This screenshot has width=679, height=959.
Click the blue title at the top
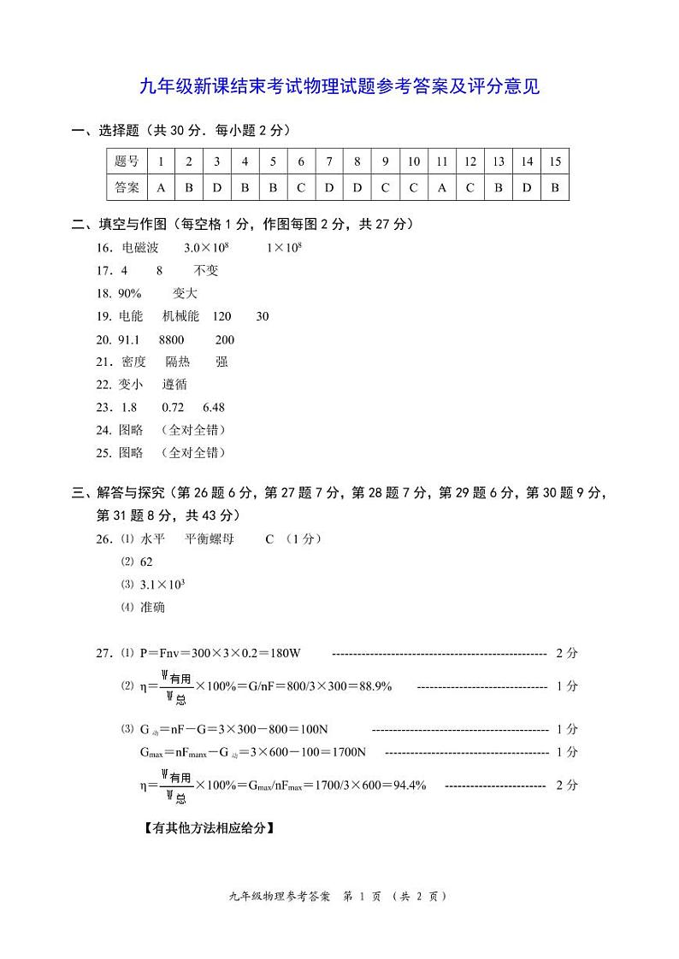coord(339,86)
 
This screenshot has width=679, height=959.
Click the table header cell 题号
coord(127,162)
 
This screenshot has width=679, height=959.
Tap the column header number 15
coord(555,162)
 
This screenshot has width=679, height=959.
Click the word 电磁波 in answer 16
coord(140,248)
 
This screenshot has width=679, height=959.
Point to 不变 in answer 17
coord(206,271)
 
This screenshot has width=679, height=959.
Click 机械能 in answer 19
coord(180,316)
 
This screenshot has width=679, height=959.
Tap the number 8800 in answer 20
coord(171,339)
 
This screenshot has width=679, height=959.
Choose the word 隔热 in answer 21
coord(178,362)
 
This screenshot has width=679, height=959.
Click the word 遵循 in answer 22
coord(174,385)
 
